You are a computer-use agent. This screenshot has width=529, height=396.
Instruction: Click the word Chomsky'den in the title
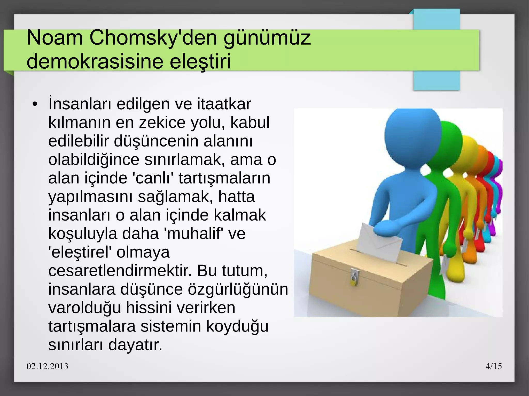(154, 38)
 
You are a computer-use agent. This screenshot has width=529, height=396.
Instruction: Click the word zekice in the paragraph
(162, 123)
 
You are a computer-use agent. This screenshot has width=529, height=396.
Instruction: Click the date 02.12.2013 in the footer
(48, 366)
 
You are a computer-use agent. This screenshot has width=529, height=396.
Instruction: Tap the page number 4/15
(494, 366)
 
